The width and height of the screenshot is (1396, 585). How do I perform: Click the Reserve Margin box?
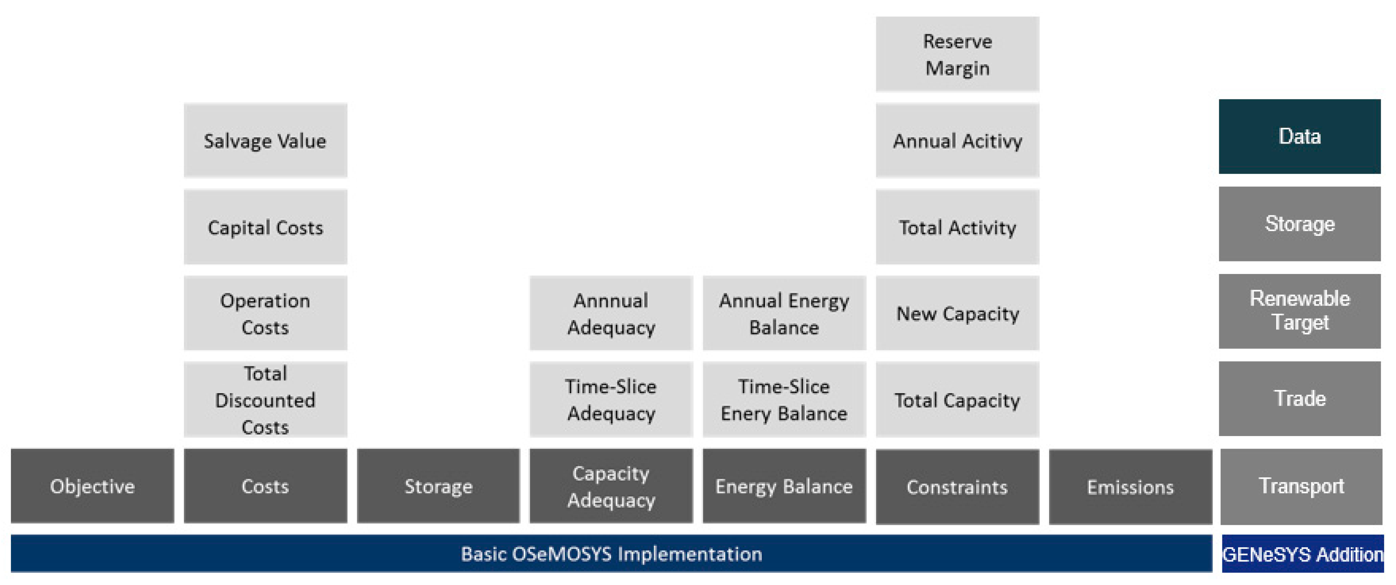tap(957, 54)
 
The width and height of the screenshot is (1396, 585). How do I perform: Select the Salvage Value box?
tap(265, 140)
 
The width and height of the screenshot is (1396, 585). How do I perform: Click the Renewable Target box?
tap(1299, 311)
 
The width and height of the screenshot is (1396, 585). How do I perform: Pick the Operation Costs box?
tap(265, 313)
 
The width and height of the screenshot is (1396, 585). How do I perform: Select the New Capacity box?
tap(957, 313)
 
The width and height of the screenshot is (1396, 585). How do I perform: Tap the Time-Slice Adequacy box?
tap(611, 399)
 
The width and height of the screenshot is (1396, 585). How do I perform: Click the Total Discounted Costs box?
tap(265, 399)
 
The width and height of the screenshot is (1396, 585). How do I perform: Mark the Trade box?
tap(1299, 399)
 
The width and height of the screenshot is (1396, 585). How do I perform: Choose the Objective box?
tap(92, 486)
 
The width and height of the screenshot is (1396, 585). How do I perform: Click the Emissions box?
tap(1130, 486)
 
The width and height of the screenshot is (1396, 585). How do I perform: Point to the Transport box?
tap(1301, 486)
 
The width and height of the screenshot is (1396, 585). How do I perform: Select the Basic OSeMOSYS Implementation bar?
tap(611, 554)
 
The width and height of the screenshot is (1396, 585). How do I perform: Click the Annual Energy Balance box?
tap(783, 313)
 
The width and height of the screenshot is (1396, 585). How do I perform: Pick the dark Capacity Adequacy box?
tap(611, 486)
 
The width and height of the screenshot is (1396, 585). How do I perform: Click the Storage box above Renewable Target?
tap(1299, 223)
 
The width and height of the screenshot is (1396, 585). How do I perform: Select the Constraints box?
tap(957, 486)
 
